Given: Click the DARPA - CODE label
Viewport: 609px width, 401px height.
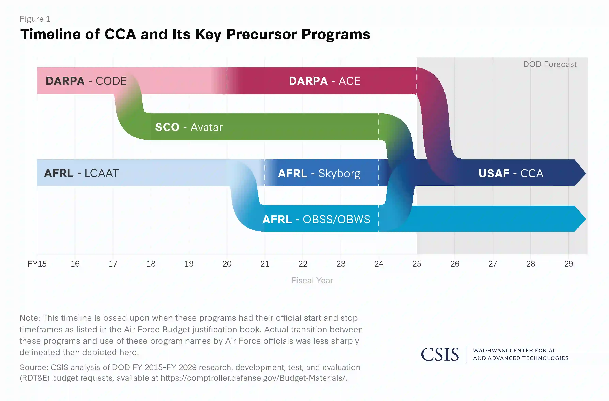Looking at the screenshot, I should coord(86,81).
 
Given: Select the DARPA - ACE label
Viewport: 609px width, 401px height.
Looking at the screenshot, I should coord(324,81).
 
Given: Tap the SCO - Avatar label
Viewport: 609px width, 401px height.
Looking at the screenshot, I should coord(189,127).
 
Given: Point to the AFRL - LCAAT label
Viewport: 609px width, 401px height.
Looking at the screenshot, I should coord(81,173).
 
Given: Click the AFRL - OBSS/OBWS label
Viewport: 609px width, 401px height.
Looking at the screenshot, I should coord(316,219).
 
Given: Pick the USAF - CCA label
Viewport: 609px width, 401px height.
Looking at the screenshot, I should coord(511,173).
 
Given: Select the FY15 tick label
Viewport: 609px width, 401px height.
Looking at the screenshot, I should coord(37,264).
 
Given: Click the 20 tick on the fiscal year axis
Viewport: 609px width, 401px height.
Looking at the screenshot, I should coord(227,264).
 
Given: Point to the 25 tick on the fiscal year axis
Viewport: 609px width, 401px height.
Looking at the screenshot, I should coord(417,264).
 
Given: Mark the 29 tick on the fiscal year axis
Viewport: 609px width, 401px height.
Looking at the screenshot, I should coord(569,264).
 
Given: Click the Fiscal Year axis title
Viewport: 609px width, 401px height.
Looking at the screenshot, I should coord(312,280).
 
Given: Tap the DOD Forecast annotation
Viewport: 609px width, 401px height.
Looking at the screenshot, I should coord(550,64).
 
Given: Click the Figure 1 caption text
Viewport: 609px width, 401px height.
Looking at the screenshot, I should coord(35,19).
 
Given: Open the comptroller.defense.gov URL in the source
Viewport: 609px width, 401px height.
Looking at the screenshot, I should coord(253,378).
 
